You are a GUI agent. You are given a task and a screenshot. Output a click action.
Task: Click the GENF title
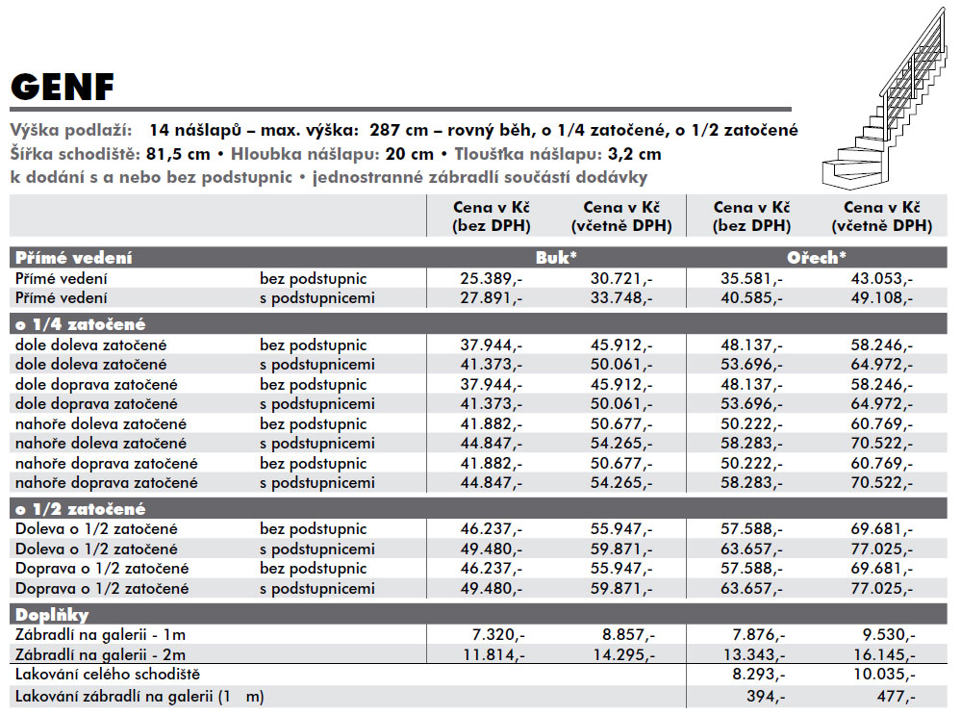[x=63, y=87]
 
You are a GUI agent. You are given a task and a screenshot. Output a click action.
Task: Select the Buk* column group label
[x=556, y=258]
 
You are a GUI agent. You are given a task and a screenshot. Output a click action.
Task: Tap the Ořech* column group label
[x=817, y=258]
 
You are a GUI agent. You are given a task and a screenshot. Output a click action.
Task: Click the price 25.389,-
[x=492, y=278]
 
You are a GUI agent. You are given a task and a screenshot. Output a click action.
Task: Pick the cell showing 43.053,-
[x=882, y=278]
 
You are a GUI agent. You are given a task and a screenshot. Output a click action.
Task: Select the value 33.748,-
[x=621, y=298]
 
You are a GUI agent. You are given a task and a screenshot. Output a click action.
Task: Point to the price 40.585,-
[x=751, y=298]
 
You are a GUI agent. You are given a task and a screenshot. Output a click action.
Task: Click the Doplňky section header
[x=52, y=615]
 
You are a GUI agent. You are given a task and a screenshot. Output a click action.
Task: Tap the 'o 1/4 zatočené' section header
[x=80, y=323]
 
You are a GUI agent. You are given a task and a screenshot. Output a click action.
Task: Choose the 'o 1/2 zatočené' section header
[x=80, y=509]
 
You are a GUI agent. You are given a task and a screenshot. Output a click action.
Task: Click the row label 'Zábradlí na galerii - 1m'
[x=100, y=635]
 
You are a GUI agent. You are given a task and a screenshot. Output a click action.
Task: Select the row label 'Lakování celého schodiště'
[x=108, y=675]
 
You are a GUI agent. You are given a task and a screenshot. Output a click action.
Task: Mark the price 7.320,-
[x=498, y=635]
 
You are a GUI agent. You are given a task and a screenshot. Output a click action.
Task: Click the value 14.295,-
[x=624, y=655]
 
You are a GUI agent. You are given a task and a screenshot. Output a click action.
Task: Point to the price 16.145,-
[x=884, y=655]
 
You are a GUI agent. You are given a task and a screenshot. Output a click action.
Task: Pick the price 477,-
[x=896, y=697]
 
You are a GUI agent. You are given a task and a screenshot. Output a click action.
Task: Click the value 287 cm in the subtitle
[x=398, y=130]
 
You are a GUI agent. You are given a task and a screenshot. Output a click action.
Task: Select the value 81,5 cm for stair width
[x=177, y=154]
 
